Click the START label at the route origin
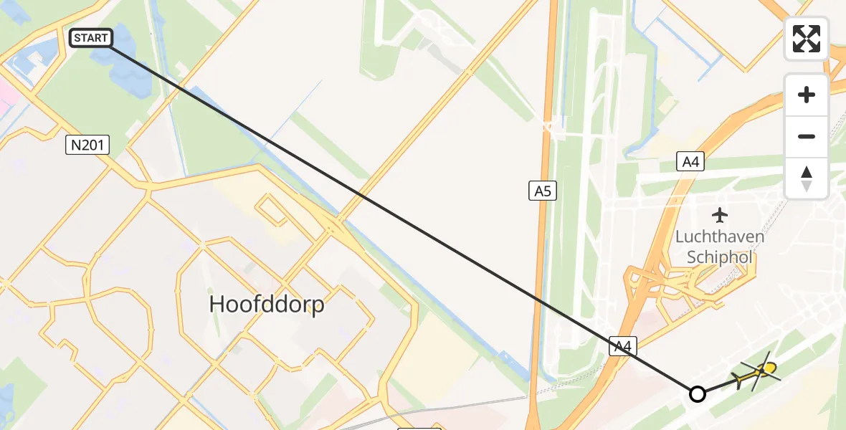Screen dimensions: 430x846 pos(91,38)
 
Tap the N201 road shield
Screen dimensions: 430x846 pos(88,145)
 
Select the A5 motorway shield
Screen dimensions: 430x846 pos(543,191)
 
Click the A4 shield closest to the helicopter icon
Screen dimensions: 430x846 pos(623,347)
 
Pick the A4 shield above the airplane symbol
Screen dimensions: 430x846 pos(690,162)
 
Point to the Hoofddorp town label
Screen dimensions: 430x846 pos(267,305)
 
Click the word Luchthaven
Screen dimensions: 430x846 pos(720,236)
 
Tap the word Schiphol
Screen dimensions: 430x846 pos(718,257)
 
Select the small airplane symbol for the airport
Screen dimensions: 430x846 pos(720,215)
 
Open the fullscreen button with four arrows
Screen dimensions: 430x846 pos(807,39)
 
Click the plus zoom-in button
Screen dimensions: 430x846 pos(807,95)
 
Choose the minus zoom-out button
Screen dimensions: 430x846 pos(807,136)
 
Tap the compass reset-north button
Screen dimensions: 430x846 pos(807,178)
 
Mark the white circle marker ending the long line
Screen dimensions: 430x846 pos(697,393)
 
